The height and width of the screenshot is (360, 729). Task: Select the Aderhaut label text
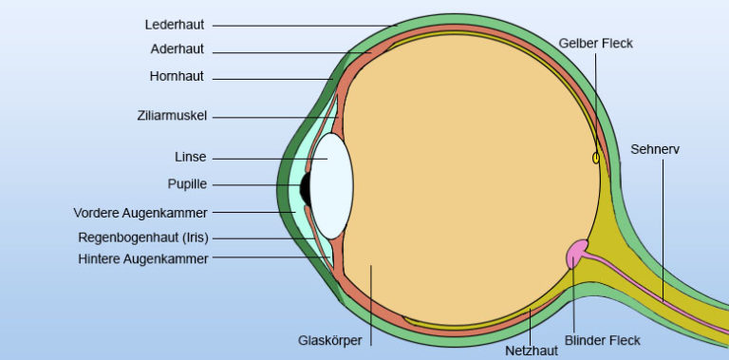tap(177, 49)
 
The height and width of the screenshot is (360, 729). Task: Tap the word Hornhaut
tap(177, 76)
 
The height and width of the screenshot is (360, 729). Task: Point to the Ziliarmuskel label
tap(171, 116)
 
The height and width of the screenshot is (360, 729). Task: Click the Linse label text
tap(190, 157)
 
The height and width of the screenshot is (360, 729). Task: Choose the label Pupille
tap(187, 183)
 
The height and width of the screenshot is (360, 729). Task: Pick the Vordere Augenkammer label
tap(140, 212)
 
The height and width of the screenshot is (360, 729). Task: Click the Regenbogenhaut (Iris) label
tap(142, 237)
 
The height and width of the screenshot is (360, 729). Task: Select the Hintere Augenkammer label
tap(143, 256)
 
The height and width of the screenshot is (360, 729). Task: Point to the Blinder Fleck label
tap(603, 340)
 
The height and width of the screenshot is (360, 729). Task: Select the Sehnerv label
tap(655, 149)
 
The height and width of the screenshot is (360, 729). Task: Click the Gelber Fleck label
tap(595, 43)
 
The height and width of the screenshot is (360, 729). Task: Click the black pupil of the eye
tap(306, 187)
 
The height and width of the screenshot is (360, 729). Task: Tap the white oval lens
tap(332, 185)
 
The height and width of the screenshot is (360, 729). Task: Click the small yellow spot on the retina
tap(596, 158)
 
